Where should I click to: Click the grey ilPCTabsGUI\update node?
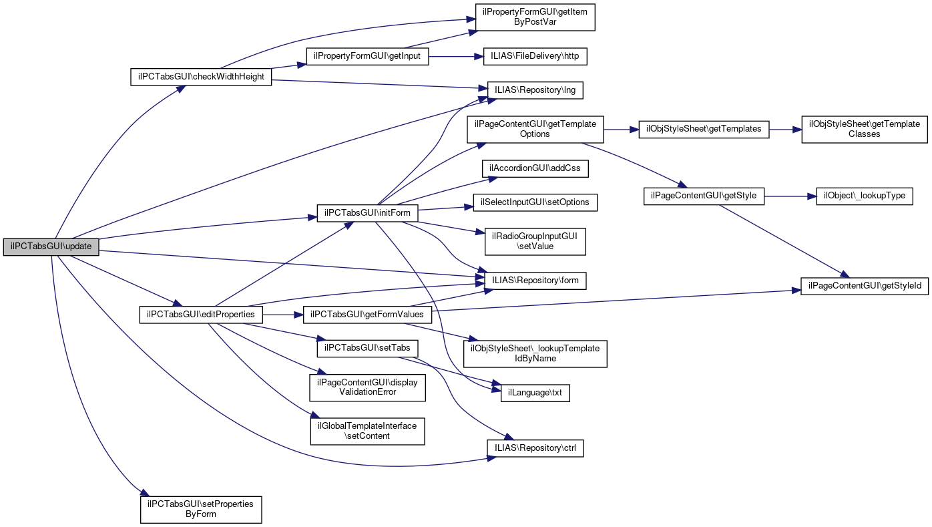pos(51,246)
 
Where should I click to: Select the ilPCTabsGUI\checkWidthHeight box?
pos(201,77)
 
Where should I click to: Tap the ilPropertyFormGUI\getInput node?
pos(367,56)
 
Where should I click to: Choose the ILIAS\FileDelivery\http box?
pos(535,56)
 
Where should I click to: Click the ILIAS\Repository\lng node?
pos(535,90)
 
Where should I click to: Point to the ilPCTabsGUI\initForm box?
pos(368,213)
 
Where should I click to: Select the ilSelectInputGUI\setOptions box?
pos(535,202)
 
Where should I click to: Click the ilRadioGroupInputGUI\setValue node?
pos(535,241)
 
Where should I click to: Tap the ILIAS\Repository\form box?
pos(535,281)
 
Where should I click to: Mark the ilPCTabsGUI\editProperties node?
pos(201,314)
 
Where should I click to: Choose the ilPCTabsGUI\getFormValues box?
pos(368,314)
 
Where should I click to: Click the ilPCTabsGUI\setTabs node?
pos(368,348)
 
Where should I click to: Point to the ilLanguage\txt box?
pos(535,393)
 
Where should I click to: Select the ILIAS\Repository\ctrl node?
pos(535,448)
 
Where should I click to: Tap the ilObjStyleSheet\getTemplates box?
pos(704,129)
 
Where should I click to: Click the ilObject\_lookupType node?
pos(865,196)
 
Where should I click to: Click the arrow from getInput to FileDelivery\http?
pos(451,57)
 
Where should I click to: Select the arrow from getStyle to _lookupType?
pos(790,196)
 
